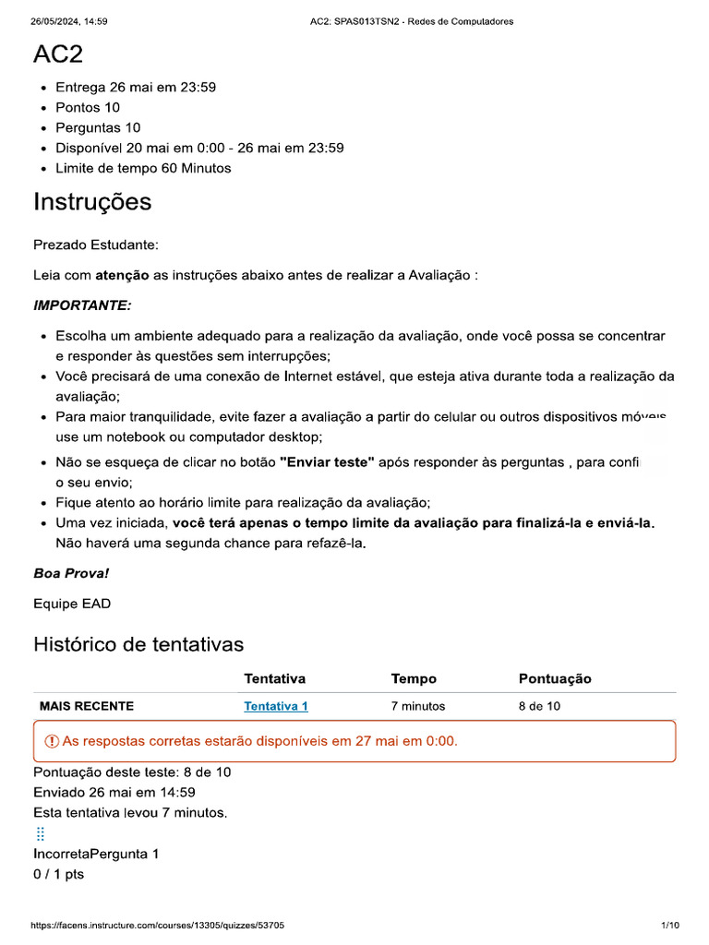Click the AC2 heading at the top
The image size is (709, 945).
pos(58,54)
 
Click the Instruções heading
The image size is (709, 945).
pos(92,202)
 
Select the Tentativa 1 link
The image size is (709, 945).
pos(275,706)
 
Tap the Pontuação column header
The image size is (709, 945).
pos(555,678)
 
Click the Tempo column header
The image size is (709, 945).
pos(414,678)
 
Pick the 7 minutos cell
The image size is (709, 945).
pos(417,706)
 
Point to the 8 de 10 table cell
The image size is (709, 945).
pos(539,706)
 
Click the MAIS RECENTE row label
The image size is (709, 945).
pos(87,706)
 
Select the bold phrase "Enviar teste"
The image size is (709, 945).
pos(327,462)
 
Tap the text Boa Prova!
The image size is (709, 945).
pos(71,573)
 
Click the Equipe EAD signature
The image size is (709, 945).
pos(72,604)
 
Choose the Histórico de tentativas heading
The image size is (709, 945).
pos(138,644)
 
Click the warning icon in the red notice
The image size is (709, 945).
pos(52,741)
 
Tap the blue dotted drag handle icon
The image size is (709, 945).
pos(40,833)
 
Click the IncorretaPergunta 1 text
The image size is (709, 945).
pos(96,854)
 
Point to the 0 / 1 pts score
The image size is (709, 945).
pos(58,874)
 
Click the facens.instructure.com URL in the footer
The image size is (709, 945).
pos(157,926)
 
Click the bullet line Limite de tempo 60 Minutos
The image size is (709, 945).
pos(143,168)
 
